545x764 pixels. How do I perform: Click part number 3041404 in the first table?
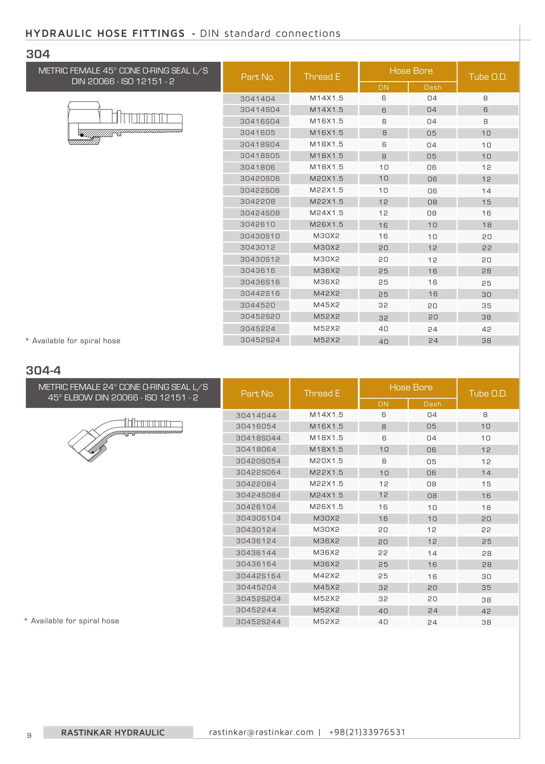257,99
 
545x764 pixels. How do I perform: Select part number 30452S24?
260,340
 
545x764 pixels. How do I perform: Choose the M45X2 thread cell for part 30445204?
326,587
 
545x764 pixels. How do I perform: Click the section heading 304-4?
43,370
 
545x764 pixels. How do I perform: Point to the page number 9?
29,736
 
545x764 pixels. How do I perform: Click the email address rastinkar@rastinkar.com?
261,732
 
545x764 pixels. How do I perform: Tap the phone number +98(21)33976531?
367,732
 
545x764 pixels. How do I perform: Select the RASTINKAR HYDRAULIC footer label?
113,733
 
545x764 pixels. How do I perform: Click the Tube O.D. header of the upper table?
488,77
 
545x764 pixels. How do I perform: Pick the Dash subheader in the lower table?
432,404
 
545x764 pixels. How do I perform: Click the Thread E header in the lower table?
322,394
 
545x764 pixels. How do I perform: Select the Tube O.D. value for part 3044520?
486,305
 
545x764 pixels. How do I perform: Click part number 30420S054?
258,461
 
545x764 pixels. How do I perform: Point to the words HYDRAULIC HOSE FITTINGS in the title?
105,33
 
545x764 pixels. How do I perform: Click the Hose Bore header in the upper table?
411,71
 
